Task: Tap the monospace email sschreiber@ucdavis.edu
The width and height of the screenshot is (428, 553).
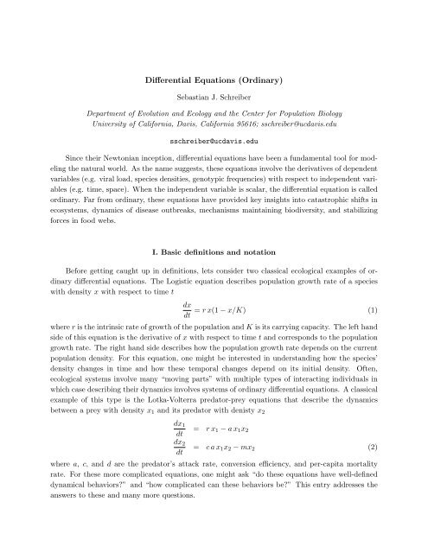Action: [213, 137]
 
